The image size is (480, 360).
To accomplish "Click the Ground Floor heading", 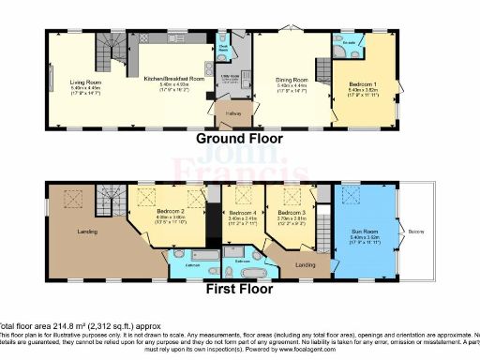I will [x=239, y=138].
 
